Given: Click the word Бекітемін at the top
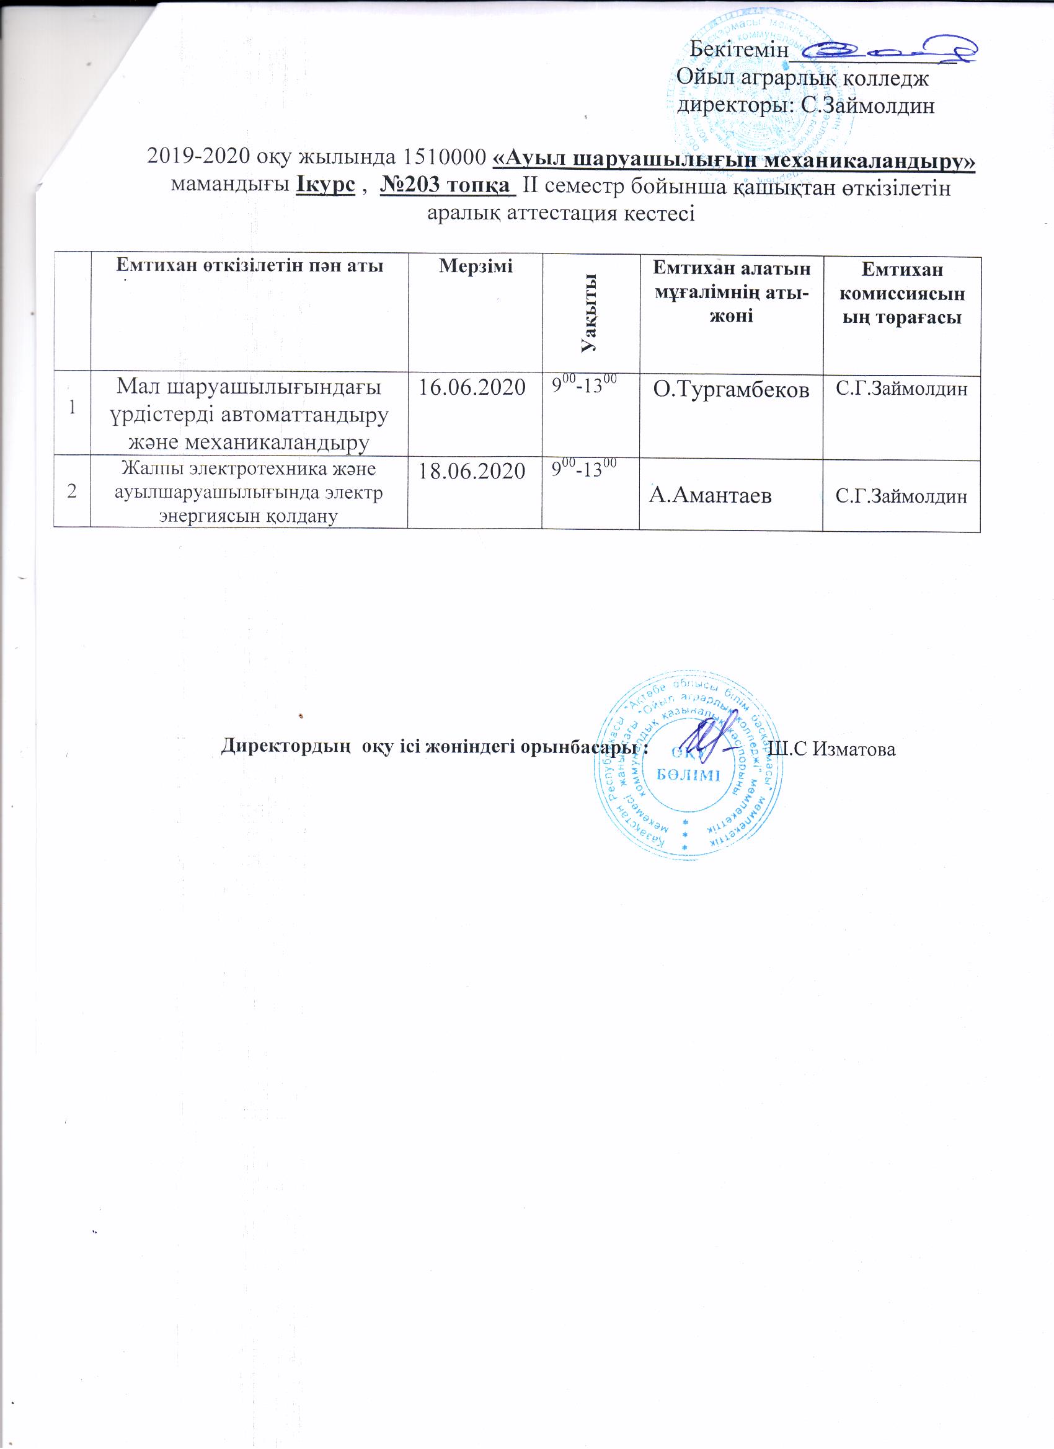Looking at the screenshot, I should (x=740, y=50).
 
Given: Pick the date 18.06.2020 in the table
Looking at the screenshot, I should (x=472, y=471).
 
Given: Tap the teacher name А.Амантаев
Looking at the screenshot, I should (x=711, y=495).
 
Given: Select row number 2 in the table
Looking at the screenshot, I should (x=72, y=491).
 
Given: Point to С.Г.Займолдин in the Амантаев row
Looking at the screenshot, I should (x=901, y=496).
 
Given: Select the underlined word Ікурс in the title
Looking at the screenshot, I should (x=326, y=185).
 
